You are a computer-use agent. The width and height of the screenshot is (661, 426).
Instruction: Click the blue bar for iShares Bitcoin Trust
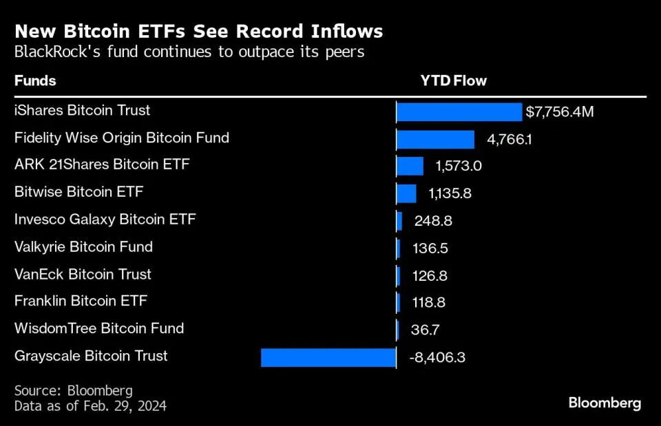click(459, 112)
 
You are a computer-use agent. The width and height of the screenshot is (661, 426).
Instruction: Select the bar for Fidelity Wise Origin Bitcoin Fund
click(435, 139)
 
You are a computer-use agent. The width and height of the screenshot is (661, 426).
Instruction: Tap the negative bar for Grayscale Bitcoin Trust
click(328, 357)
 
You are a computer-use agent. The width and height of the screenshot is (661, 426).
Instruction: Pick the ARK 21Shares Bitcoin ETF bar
click(410, 166)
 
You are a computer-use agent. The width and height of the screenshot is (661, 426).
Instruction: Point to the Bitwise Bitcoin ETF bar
click(406, 193)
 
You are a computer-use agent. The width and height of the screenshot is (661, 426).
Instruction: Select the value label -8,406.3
click(437, 357)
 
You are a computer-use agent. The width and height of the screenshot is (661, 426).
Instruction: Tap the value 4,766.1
click(510, 139)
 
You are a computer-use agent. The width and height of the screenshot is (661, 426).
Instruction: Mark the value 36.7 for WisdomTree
click(424, 330)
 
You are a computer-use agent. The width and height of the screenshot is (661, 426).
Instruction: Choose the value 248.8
click(433, 221)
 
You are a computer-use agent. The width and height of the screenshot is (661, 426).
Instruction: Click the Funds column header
click(35, 81)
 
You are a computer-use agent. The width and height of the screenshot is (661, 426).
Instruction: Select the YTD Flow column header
click(453, 81)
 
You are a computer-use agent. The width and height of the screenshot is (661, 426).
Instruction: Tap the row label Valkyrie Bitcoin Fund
click(83, 246)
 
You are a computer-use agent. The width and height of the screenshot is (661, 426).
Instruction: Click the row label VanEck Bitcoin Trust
click(83, 274)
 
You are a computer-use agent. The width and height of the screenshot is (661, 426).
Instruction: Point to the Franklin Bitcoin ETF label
click(81, 301)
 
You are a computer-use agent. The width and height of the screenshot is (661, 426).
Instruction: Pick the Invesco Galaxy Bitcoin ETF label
click(105, 220)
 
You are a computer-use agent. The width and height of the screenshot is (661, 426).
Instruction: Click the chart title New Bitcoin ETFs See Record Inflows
click(198, 32)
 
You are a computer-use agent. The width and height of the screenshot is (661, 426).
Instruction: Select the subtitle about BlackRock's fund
click(189, 52)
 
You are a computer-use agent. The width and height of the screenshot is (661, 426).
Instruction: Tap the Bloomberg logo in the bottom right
click(605, 403)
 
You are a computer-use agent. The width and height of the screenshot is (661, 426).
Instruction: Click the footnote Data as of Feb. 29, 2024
click(90, 406)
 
